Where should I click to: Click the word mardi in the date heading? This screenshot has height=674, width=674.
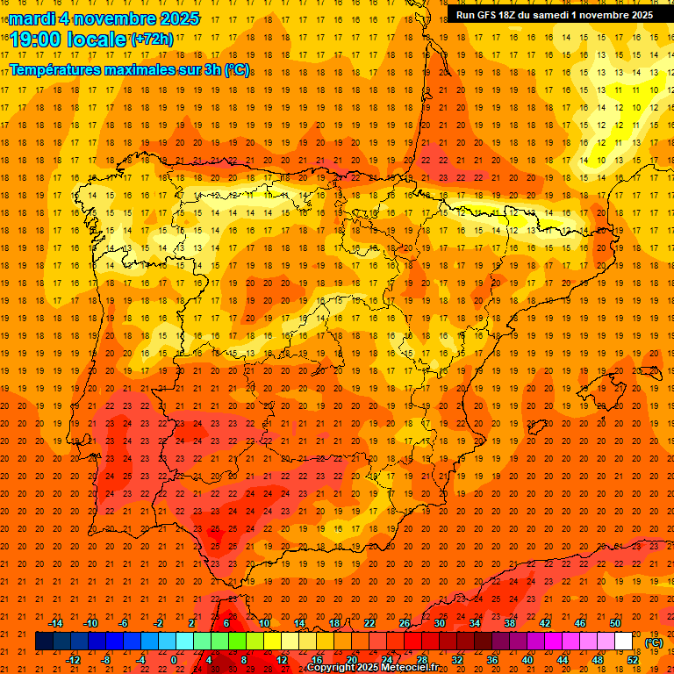32,18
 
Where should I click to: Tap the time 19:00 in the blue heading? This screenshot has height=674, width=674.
36,39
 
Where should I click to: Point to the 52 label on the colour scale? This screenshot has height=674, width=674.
634,660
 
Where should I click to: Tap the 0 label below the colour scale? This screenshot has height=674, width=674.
174,660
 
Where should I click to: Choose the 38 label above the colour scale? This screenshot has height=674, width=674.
509,623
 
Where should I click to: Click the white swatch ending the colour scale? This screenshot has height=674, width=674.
623,642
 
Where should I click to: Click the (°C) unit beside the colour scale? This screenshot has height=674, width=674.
654,642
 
